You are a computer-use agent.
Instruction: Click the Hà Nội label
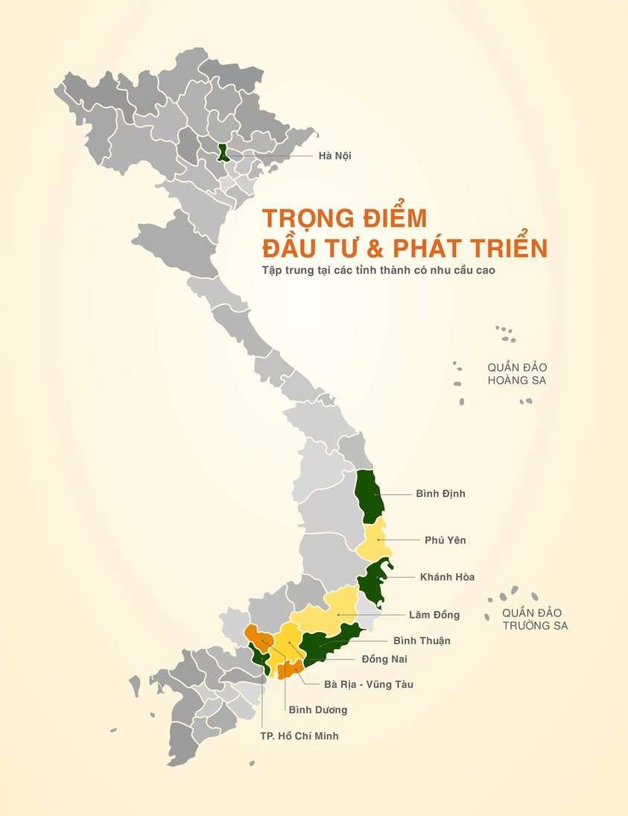[x=334, y=156]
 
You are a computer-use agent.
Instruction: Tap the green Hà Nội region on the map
[x=223, y=152]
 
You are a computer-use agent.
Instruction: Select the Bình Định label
[x=440, y=493]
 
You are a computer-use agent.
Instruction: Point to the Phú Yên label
[x=445, y=540]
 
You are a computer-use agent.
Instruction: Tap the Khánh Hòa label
[x=447, y=577]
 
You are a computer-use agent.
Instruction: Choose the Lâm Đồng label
[x=434, y=615]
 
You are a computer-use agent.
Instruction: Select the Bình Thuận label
[x=422, y=640]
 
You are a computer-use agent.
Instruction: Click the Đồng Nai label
[x=384, y=659]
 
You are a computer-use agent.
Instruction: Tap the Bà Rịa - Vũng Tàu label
[x=368, y=684]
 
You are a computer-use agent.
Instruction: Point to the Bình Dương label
[x=317, y=709]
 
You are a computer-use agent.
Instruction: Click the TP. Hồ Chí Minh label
[x=294, y=736]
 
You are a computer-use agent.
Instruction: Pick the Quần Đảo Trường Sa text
[x=535, y=619]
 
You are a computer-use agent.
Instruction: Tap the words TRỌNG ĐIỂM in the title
[x=343, y=218]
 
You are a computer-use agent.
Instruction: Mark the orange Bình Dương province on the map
[x=259, y=637]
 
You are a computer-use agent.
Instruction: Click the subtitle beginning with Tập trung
[x=378, y=270]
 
